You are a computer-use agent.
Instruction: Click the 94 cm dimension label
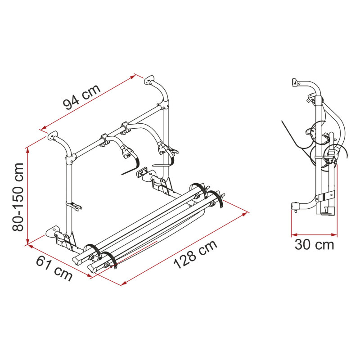click(82, 97)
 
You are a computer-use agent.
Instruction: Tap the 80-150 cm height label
click(18, 197)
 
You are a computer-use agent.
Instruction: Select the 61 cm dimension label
click(54, 268)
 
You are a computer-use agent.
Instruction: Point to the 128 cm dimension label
click(195, 254)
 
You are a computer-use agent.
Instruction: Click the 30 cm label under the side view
click(314, 245)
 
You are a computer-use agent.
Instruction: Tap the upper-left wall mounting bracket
click(53, 135)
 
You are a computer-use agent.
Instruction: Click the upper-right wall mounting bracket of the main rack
click(149, 79)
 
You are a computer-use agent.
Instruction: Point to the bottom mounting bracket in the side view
click(295, 207)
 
